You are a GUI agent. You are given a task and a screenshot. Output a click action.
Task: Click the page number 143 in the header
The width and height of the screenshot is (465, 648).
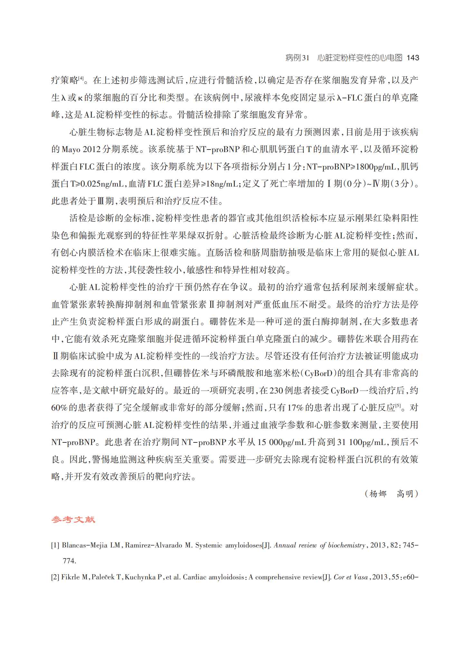[413, 58]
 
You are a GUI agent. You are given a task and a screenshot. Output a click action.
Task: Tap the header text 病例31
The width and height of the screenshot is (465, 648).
[297, 58]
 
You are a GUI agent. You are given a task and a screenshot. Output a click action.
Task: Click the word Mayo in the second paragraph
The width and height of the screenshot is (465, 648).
[71, 149]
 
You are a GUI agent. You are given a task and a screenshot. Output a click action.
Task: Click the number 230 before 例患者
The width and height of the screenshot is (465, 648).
[276, 391]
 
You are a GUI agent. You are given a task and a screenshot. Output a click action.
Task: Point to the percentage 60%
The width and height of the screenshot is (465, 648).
[59, 408]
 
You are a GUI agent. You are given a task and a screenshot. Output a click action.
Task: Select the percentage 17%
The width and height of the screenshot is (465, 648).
[295, 408]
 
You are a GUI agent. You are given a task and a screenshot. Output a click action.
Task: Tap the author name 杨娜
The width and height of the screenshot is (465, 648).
[378, 494]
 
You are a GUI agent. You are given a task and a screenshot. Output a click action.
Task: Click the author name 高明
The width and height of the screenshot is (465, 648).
[405, 494]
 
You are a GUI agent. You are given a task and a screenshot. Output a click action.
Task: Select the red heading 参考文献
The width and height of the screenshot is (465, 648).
[73, 519]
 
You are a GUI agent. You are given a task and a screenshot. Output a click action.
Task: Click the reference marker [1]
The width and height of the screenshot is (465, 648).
[55, 545]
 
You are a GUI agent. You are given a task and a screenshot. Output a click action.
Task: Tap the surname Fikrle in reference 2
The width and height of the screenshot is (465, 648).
[71, 577]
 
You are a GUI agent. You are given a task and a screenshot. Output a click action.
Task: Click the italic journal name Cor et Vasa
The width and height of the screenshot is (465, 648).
[350, 577]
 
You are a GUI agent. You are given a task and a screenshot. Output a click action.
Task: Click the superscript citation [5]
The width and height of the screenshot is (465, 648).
[398, 406]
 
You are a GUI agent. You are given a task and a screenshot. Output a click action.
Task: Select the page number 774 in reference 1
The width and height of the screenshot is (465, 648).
[69, 561]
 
